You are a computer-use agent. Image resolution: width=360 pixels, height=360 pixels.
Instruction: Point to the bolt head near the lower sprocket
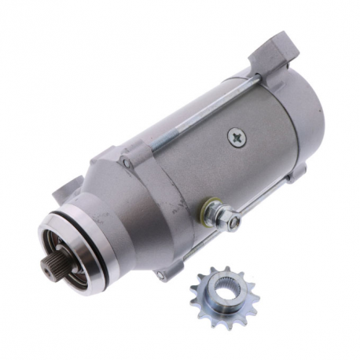click(162, 275)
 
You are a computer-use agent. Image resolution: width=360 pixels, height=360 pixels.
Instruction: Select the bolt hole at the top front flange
click(127, 163)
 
